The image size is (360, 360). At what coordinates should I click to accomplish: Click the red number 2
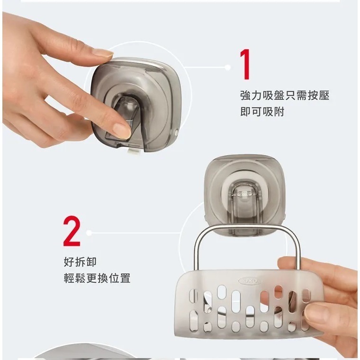71,231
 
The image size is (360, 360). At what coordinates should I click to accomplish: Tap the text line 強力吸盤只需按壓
284,96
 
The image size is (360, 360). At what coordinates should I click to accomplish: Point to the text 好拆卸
79,261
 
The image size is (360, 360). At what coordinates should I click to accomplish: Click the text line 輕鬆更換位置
97,278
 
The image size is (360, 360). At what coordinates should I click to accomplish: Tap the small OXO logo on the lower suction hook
244,194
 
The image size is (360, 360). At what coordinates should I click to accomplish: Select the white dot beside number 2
89,233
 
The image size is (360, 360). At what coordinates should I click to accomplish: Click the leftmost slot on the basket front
193,296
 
